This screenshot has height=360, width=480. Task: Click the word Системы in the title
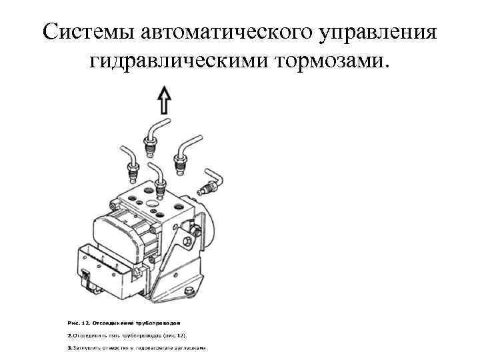[x=81, y=31]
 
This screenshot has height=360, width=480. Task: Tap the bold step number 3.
[x=70, y=348]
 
